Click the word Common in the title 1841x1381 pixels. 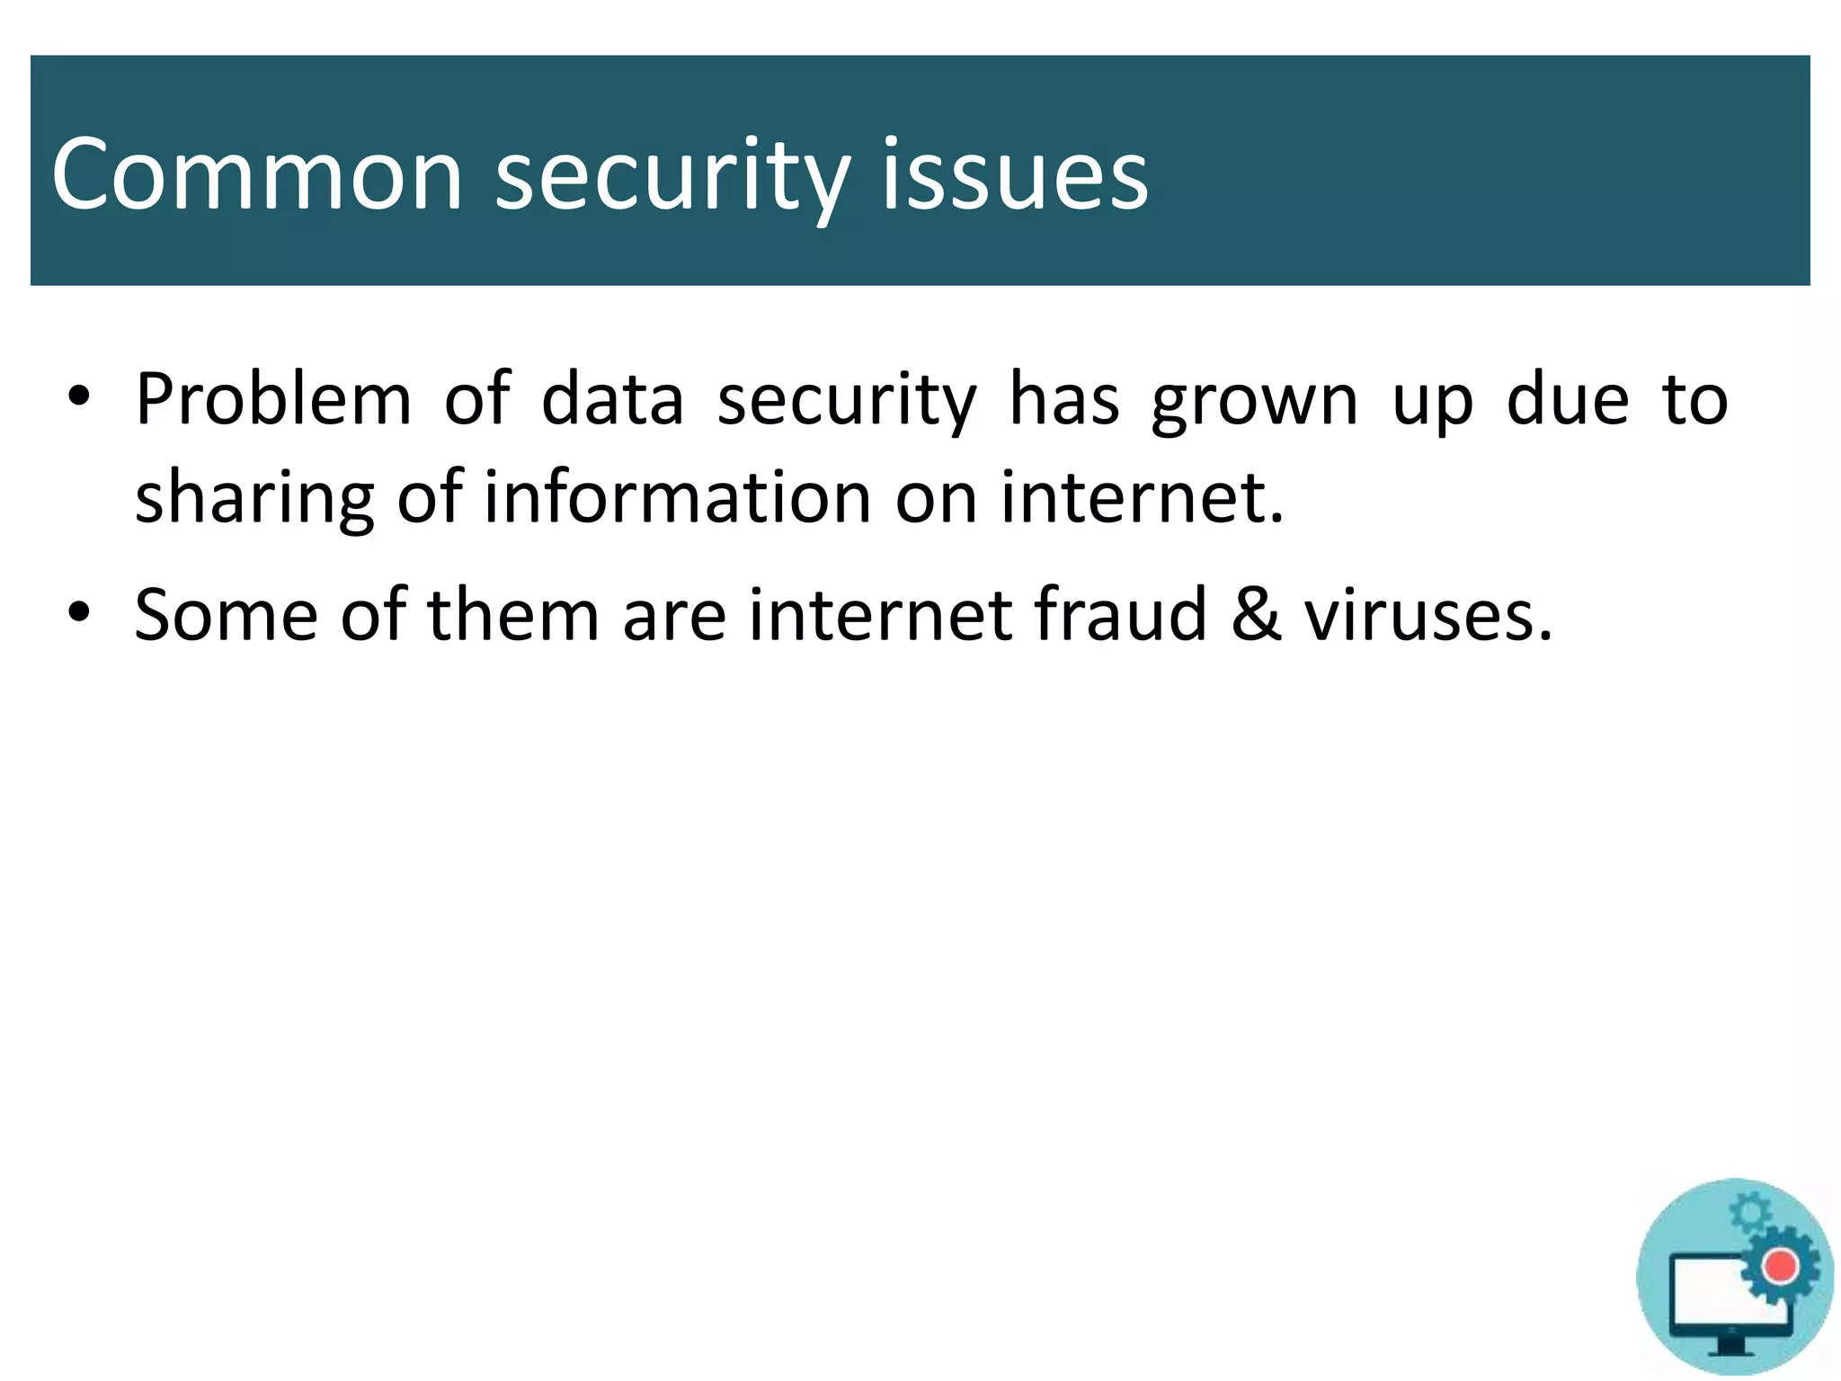pos(256,174)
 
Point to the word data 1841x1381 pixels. pos(612,399)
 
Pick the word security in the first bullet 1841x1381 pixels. pos(846,401)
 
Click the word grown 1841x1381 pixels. pos(1255,401)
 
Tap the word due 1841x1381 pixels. pos(1568,399)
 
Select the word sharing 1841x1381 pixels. pos(254,498)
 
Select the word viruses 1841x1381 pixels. pos(1428,615)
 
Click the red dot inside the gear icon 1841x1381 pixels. pos(1779,1267)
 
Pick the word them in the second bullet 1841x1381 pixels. pos(512,615)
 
